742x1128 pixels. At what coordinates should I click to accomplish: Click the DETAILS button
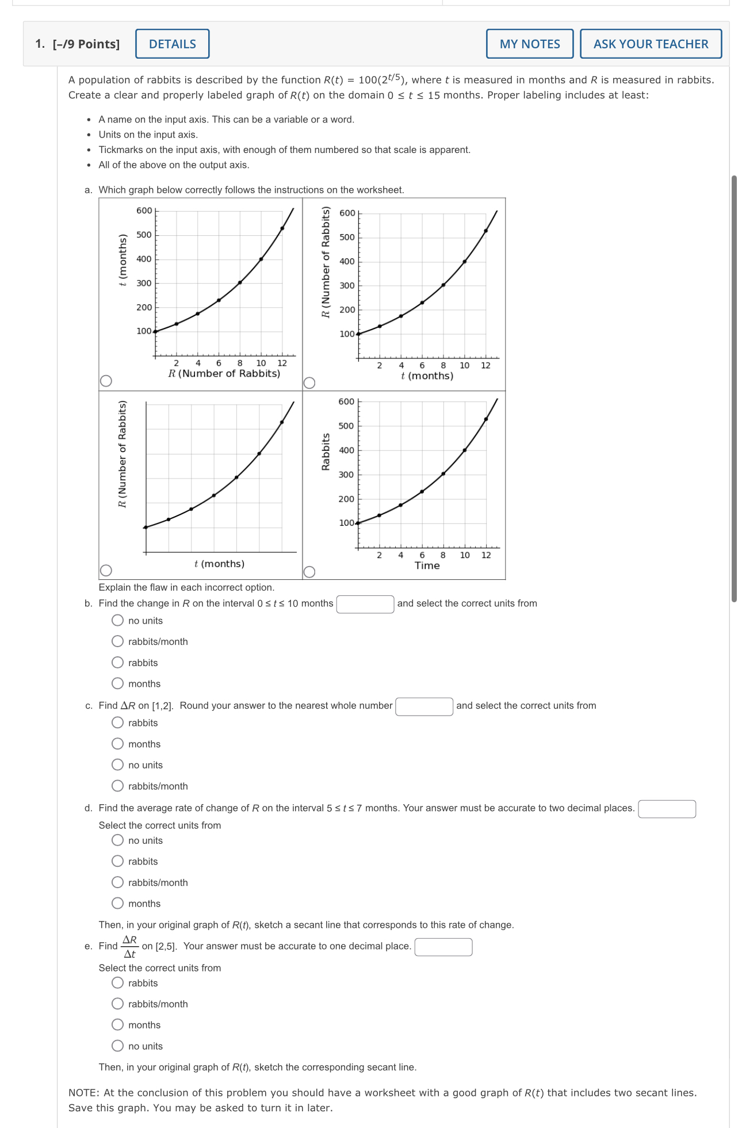172,44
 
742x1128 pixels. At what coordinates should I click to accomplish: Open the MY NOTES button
529,44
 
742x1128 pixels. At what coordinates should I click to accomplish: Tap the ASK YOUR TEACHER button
651,44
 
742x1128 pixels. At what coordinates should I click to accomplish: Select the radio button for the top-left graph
106,381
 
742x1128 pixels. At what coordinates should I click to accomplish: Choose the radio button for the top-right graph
309,383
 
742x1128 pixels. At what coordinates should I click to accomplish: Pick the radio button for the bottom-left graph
106,571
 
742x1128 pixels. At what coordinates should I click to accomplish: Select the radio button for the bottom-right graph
309,572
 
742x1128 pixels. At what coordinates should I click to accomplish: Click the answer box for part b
365,604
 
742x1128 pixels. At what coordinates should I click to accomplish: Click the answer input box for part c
424,706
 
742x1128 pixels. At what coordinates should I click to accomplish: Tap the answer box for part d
667,809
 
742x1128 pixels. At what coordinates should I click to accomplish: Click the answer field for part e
443,947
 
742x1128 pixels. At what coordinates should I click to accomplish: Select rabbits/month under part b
118,641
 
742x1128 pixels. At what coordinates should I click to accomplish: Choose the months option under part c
118,744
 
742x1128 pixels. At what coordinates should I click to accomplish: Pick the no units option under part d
118,840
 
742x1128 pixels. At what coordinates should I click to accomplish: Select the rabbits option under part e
118,983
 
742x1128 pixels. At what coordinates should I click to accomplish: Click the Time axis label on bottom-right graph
427,565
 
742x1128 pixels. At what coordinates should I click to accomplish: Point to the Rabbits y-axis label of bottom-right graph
326,452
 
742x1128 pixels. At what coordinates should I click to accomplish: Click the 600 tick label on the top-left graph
144,211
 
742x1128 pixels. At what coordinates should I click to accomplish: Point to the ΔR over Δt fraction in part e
130,947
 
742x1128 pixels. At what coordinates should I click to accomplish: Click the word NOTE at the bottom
83,1092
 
